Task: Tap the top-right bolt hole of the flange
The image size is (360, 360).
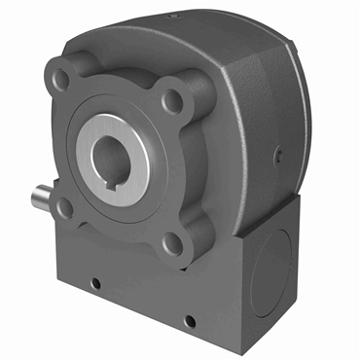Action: [173, 98]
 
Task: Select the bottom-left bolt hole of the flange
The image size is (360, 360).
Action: [65, 206]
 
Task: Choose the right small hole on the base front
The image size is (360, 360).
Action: [189, 319]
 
